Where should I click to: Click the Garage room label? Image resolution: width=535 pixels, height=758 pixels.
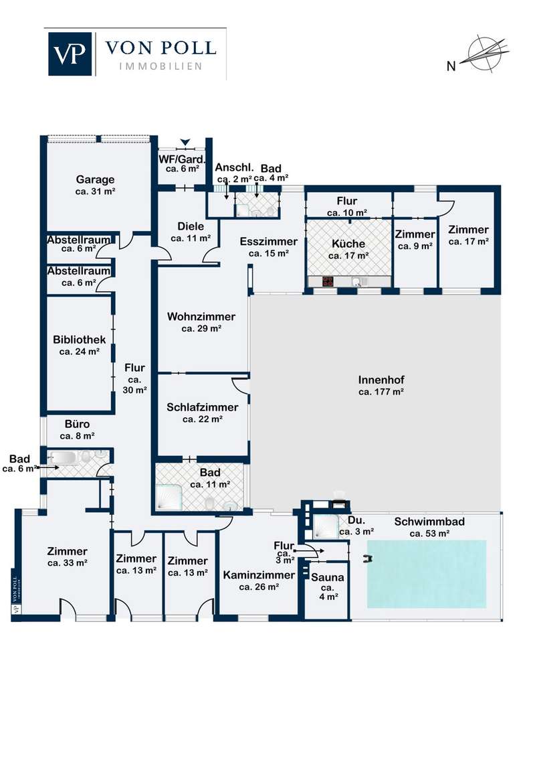tap(95, 180)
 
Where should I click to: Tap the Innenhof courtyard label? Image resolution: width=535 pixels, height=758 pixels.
tap(381, 380)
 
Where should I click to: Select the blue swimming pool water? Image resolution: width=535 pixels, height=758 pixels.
tap(427, 574)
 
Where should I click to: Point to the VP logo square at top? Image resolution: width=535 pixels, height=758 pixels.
tap(70, 54)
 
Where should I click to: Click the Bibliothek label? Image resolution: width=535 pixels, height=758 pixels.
tap(79, 340)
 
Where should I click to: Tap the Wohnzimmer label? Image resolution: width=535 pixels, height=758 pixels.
tap(201, 317)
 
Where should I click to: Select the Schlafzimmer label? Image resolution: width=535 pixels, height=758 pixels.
tap(203, 408)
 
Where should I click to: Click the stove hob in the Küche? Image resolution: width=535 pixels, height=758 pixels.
tap(328, 281)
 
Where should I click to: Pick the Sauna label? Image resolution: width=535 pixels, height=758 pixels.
tap(328, 577)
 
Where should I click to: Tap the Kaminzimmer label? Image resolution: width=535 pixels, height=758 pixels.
tap(259, 575)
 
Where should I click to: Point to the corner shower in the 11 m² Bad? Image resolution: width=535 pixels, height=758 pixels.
tap(169, 497)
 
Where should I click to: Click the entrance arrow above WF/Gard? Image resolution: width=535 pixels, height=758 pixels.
tap(185, 142)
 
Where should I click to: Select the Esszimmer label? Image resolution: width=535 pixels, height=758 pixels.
tap(269, 241)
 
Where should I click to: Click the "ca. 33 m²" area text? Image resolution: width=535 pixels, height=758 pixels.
tap(68, 563)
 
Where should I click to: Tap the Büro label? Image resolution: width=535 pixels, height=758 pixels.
tap(78, 424)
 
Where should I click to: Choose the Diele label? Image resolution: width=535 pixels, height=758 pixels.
tap(191, 226)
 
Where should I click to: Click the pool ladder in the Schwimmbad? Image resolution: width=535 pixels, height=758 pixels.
tap(368, 559)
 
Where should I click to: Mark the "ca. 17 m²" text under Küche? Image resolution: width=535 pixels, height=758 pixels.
tap(348, 256)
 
